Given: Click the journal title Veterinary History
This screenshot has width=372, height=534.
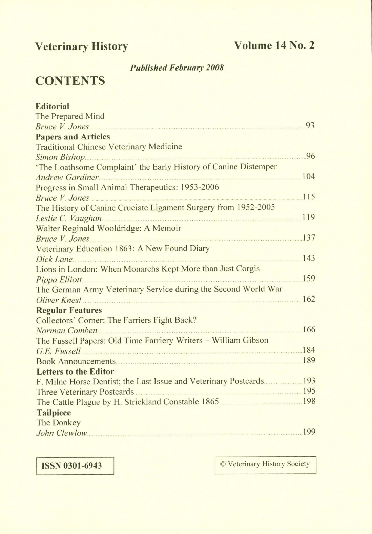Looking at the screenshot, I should click(x=82, y=46).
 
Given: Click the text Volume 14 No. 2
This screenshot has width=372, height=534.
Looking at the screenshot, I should click(x=274, y=45).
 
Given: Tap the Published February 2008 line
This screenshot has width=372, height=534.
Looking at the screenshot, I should click(x=177, y=68).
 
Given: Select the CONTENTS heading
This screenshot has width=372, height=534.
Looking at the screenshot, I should click(x=70, y=81).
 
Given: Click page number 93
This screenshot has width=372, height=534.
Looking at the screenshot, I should click(x=310, y=126).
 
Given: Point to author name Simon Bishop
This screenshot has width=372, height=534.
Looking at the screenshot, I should click(x=60, y=157).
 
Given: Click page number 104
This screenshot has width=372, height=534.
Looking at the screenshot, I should click(x=308, y=176).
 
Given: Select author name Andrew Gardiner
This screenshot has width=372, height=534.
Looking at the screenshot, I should click(x=67, y=177).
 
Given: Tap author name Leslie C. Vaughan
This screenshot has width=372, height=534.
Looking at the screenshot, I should click(x=69, y=218).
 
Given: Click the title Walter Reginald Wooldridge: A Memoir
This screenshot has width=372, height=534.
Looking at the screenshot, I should click(x=108, y=228).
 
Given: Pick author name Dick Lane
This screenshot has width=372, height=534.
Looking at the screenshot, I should click(x=54, y=259).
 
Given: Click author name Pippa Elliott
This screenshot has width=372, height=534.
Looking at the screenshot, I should click(x=59, y=280).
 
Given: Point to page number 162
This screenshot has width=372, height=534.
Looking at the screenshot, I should click(x=309, y=299).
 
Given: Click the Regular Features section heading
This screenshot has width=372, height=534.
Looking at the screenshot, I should click(x=69, y=310).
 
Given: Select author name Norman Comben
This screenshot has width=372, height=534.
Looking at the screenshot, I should click(x=67, y=330).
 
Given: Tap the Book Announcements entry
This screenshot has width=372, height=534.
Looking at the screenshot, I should click(x=76, y=361).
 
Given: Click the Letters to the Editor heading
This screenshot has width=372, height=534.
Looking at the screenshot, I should click(x=75, y=371).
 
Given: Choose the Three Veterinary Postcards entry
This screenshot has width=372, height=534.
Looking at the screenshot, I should click(x=85, y=392).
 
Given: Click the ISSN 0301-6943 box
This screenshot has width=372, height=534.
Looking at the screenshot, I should click(x=75, y=466).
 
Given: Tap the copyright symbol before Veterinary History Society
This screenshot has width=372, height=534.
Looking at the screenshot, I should click(x=223, y=464).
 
